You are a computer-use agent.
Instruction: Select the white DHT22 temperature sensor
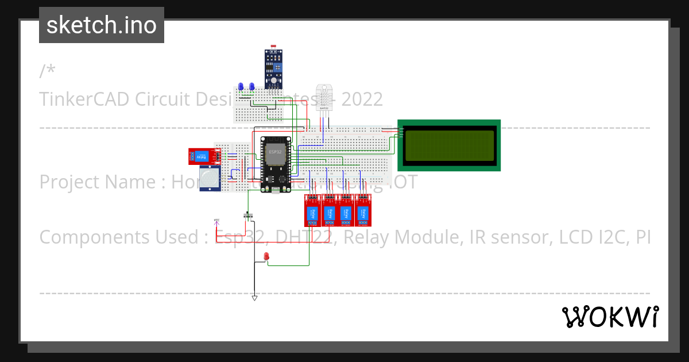[x=323, y=98]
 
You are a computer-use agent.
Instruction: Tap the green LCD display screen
[x=449, y=145]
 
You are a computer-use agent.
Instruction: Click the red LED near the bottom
[x=266, y=256]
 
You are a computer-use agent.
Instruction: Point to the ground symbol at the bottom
[x=254, y=298]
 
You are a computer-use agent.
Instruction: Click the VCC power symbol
[x=216, y=221]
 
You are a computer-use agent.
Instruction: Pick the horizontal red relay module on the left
[x=203, y=156]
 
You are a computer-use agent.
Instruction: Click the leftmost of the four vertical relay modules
[x=312, y=211]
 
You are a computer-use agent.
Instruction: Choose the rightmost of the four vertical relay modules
[x=363, y=211]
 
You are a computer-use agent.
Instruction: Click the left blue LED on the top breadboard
[x=241, y=86]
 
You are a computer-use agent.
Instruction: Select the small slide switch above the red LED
[x=249, y=216]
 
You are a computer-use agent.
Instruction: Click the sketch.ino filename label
[x=102, y=25]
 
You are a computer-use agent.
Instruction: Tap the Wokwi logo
[x=610, y=317]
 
